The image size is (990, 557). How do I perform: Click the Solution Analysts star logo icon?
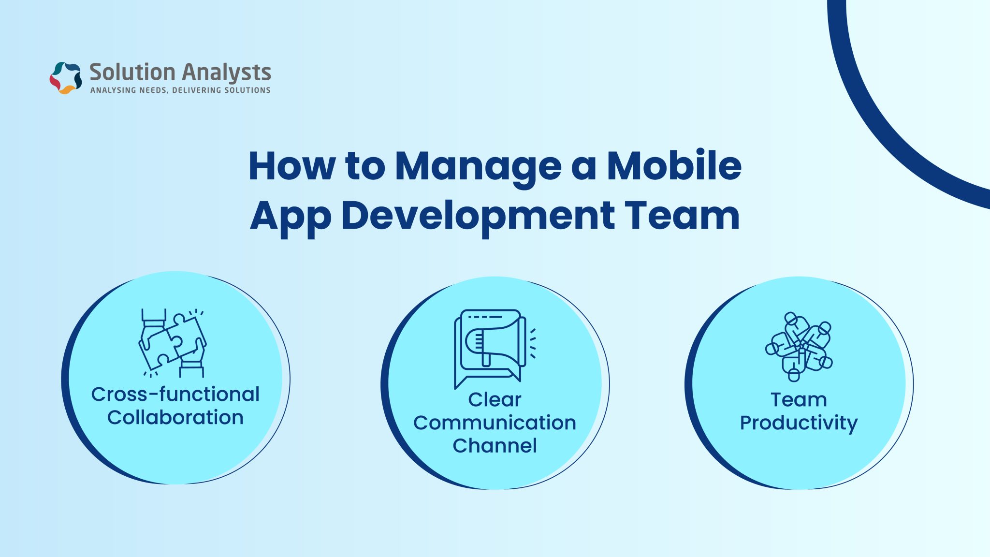click(66, 77)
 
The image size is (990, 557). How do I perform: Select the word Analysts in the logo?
click(227, 73)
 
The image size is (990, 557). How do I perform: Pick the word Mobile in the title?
click(674, 165)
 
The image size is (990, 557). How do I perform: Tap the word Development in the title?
click(478, 216)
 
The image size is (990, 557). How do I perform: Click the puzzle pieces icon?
click(173, 343)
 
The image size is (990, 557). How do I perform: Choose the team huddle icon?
click(799, 346)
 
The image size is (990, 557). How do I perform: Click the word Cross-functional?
click(175, 395)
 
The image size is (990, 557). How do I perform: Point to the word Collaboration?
click(175, 418)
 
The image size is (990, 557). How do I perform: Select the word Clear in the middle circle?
click(495, 400)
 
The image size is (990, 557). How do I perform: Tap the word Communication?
click(495, 423)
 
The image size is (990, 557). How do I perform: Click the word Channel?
click(495, 446)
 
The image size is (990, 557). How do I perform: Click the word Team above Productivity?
click(799, 400)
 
